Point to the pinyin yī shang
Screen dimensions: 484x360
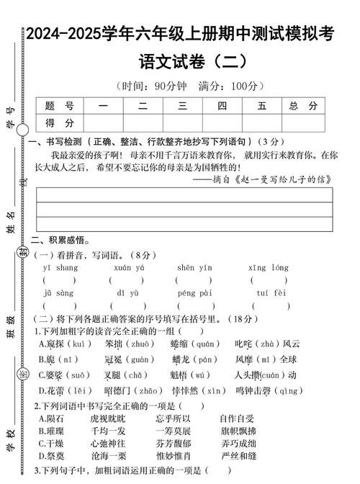(60, 267)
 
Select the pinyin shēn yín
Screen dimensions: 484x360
(194, 267)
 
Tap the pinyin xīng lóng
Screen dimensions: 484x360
(268, 267)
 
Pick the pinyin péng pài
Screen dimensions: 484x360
(194, 293)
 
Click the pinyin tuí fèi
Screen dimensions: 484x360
(271, 293)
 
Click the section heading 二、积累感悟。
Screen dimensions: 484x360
(59, 241)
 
